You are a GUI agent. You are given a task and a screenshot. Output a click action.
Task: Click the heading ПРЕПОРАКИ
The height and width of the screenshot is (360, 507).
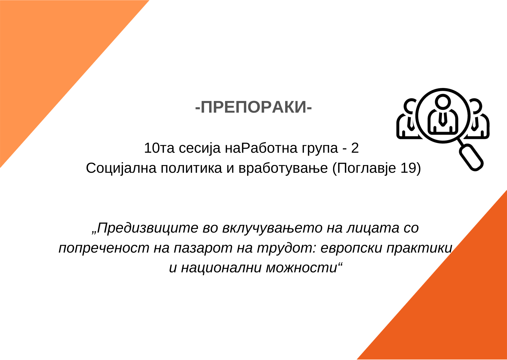point(253,107)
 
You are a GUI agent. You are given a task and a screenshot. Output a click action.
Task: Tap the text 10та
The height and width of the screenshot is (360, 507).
point(159,148)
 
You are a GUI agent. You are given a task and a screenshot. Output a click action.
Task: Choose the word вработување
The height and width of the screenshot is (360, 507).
point(283,169)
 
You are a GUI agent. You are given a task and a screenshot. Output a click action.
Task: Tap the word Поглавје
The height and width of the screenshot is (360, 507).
point(366,169)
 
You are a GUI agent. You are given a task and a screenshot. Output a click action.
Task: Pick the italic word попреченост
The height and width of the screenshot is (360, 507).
point(104,248)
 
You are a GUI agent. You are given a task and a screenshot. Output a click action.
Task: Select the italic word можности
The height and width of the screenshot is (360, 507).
point(302,268)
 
